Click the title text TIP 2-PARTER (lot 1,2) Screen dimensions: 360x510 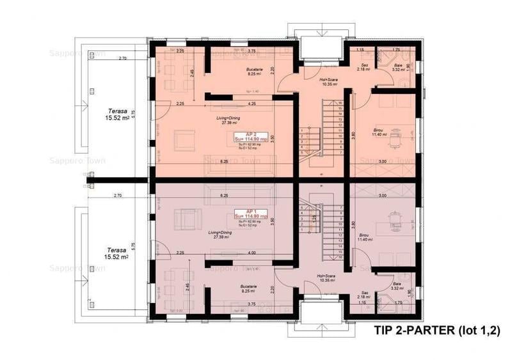click(435, 330)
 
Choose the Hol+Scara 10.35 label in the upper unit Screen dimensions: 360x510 click(328, 82)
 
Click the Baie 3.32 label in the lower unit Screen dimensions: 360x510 click(397, 286)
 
